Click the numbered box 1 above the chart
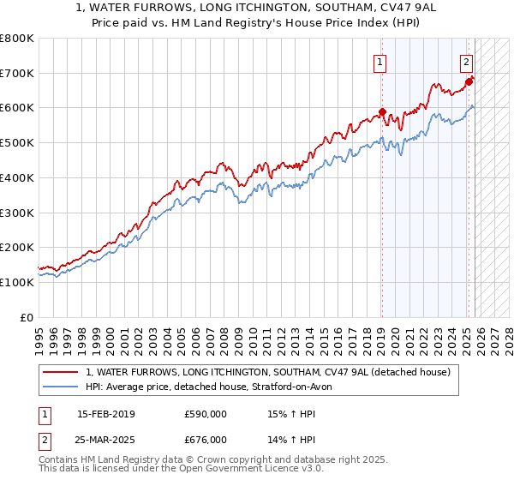(380, 61)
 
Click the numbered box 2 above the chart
(466, 61)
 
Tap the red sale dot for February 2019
(383, 111)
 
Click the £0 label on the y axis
(27, 317)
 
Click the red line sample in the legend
(62, 372)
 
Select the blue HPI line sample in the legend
(62, 387)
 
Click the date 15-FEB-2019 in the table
(105, 414)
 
